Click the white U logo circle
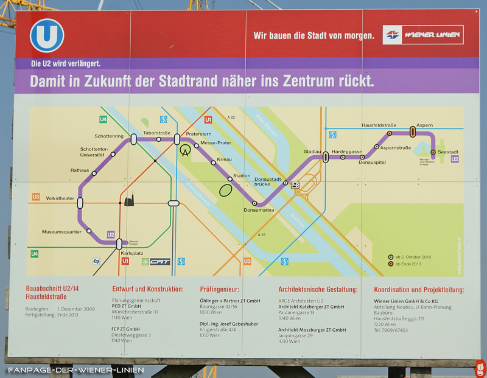tap(47, 35)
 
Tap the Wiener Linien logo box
tap(423, 35)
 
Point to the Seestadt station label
tap(448, 152)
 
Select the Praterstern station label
tap(198, 133)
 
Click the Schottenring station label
tap(109, 136)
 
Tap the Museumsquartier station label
tap(61, 232)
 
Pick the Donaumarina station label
tap(259, 211)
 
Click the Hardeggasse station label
tap(347, 151)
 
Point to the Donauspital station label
tap(372, 163)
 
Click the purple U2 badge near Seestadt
tap(455, 159)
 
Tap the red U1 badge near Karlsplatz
tap(125, 261)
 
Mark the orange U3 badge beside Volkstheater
tap(35, 197)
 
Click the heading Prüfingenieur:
tap(219, 290)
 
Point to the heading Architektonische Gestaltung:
tap(317, 290)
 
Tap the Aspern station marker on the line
tap(413, 131)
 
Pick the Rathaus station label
tap(80, 170)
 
